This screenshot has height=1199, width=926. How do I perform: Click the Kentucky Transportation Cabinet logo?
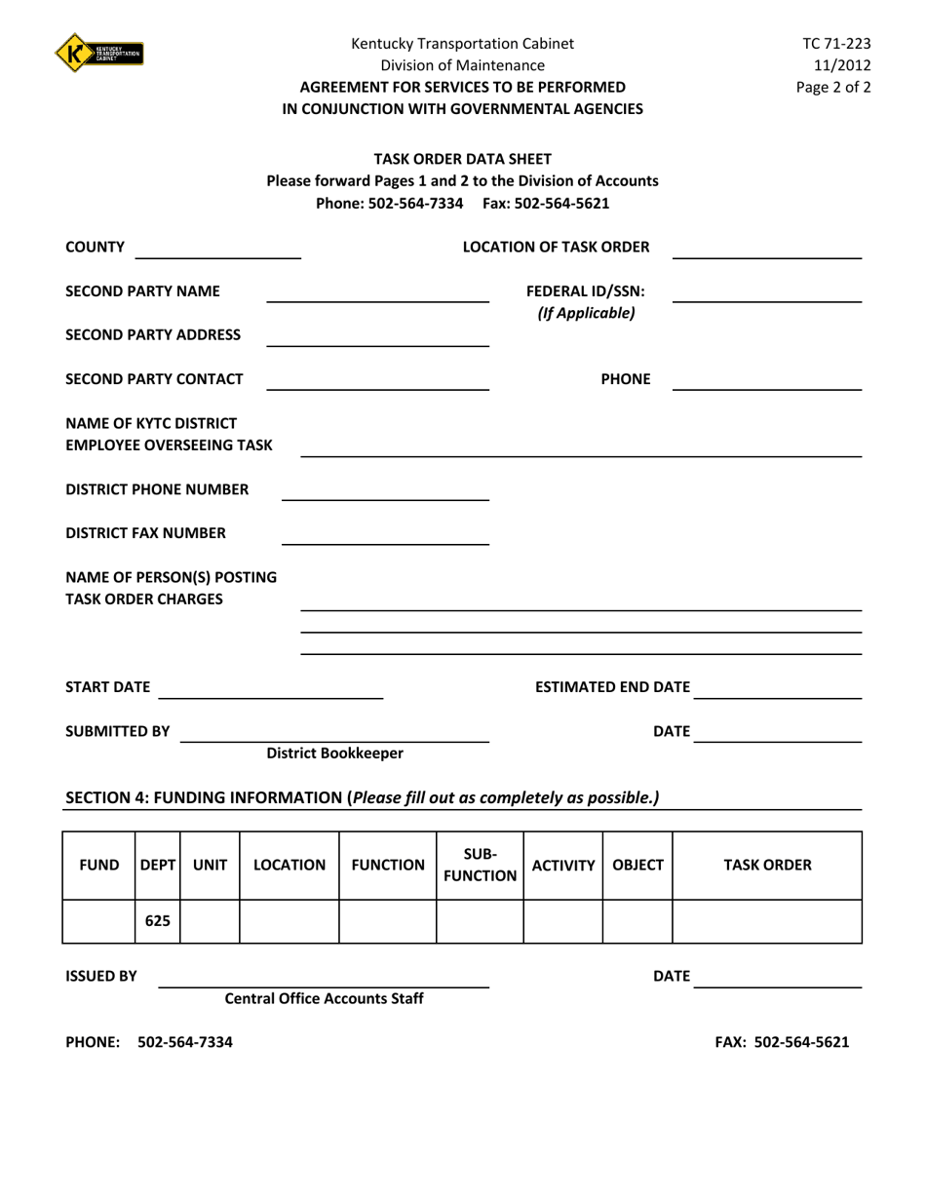[x=99, y=52]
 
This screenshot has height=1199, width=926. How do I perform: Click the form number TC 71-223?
[x=836, y=44]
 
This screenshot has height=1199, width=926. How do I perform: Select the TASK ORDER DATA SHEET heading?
[x=463, y=159]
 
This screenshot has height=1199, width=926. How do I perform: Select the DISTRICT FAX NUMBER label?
[x=145, y=532]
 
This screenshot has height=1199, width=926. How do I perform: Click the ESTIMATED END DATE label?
[x=613, y=688]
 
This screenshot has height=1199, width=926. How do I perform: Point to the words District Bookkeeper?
[x=334, y=754]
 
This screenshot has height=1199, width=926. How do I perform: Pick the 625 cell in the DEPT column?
[x=157, y=921]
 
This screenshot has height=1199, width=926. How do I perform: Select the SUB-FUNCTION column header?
[x=480, y=866]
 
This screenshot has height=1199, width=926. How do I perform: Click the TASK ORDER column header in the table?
[x=766, y=865]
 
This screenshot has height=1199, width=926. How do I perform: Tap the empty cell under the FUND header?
[x=98, y=921]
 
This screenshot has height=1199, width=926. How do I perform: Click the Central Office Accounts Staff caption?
[x=325, y=999]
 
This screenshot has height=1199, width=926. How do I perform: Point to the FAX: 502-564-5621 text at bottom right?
[x=782, y=1042]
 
